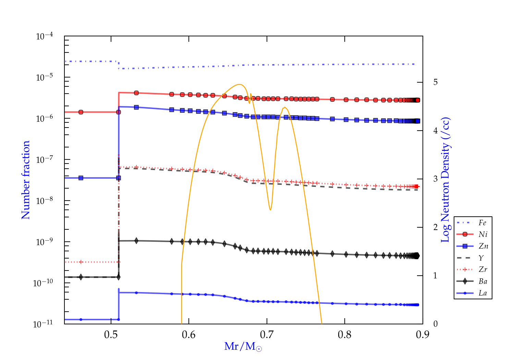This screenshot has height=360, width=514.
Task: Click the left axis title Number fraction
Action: [x=26, y=180]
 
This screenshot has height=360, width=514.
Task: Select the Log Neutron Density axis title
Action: [x=445, y=180]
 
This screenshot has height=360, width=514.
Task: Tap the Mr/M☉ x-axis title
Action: [x=243, y=347]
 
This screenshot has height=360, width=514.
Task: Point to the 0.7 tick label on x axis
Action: [x=267, y=335]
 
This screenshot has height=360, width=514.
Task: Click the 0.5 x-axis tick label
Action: [x=111, y=335]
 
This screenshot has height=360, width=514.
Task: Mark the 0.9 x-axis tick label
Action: [x=423, y=335]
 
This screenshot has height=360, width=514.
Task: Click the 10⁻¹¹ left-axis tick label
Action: [x=43, y=324]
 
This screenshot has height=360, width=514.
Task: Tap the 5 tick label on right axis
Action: [x=436, y=82]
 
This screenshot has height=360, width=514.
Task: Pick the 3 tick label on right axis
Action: [x=436, y=179]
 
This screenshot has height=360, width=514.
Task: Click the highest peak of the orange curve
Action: [x=239, y=84]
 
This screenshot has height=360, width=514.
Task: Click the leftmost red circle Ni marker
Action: [x=81, y=112]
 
